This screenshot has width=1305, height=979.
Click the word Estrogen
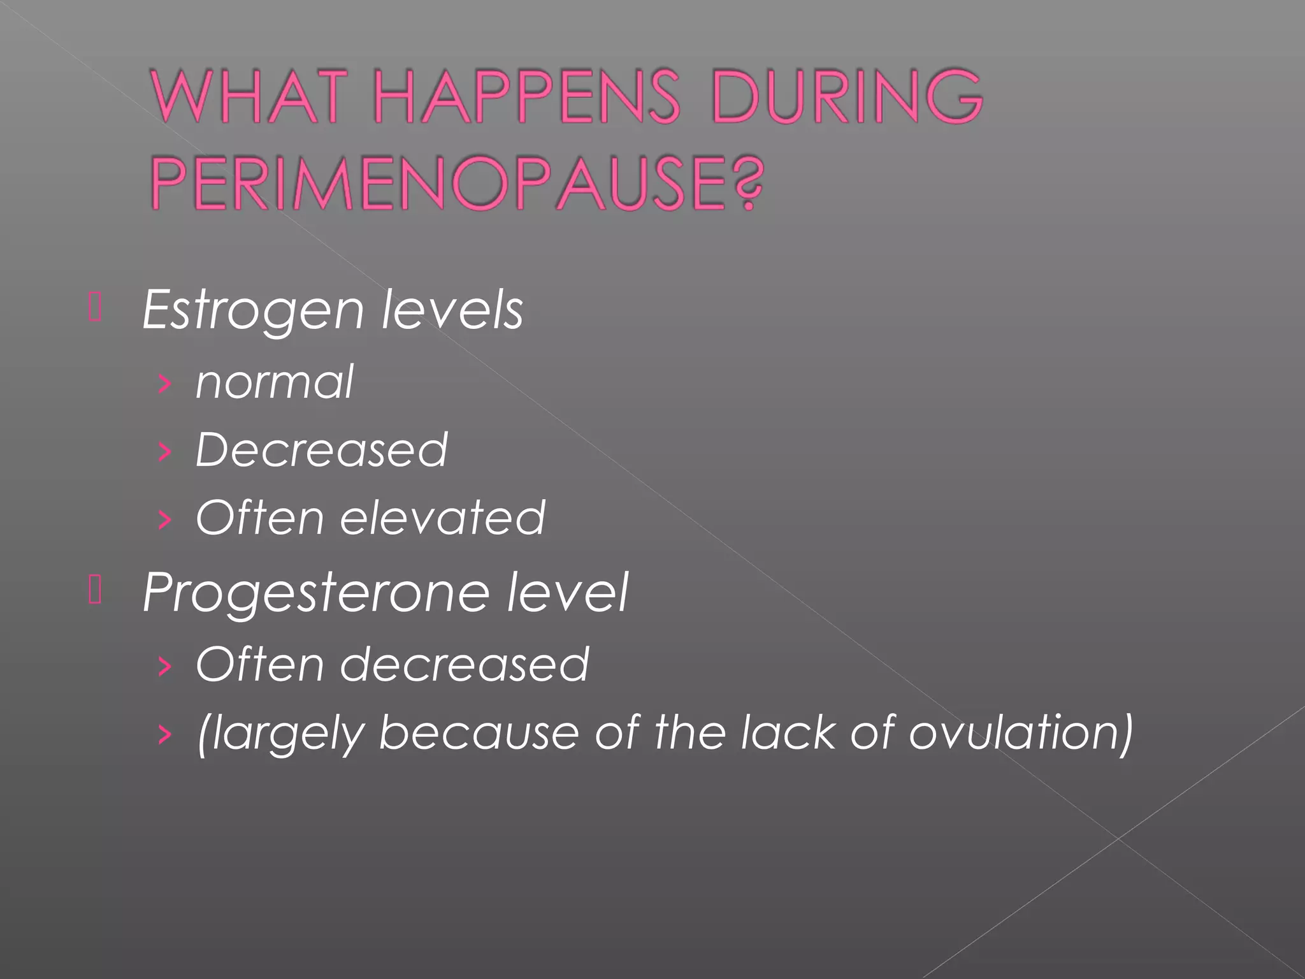252,310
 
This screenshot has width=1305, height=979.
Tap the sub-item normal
274,382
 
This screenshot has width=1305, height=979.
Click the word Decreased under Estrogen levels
321,450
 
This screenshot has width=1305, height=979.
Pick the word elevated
442,518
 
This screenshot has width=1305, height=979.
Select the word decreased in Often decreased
464,665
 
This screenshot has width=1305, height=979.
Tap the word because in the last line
478,732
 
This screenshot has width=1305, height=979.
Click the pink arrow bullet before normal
164,384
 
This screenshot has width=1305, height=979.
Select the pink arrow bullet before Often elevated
164,519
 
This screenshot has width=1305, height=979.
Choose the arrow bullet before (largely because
164,734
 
